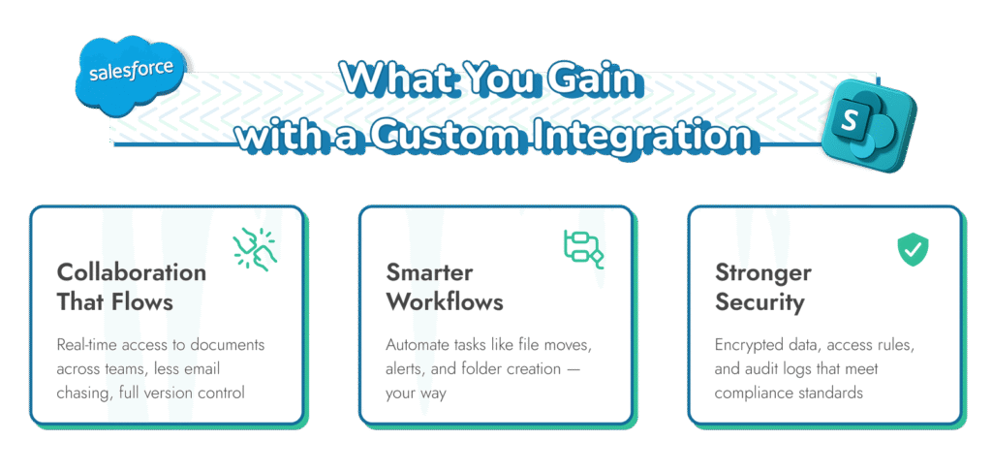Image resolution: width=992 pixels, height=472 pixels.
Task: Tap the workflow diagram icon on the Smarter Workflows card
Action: tap(583, 248)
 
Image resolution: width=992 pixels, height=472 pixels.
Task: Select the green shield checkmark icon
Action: tap(911, 248)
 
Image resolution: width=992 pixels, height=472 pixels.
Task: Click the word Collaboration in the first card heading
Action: tap(131, 272)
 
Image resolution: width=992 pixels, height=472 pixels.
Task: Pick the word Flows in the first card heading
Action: tap(142, 301)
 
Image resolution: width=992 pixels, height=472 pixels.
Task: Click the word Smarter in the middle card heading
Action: tap(429, 272)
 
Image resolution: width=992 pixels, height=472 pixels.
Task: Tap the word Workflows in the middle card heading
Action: tap(445, 301)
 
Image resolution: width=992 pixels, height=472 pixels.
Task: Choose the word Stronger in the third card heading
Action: tap(763, 272)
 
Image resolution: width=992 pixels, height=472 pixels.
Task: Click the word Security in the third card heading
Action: tap(759, 301)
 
